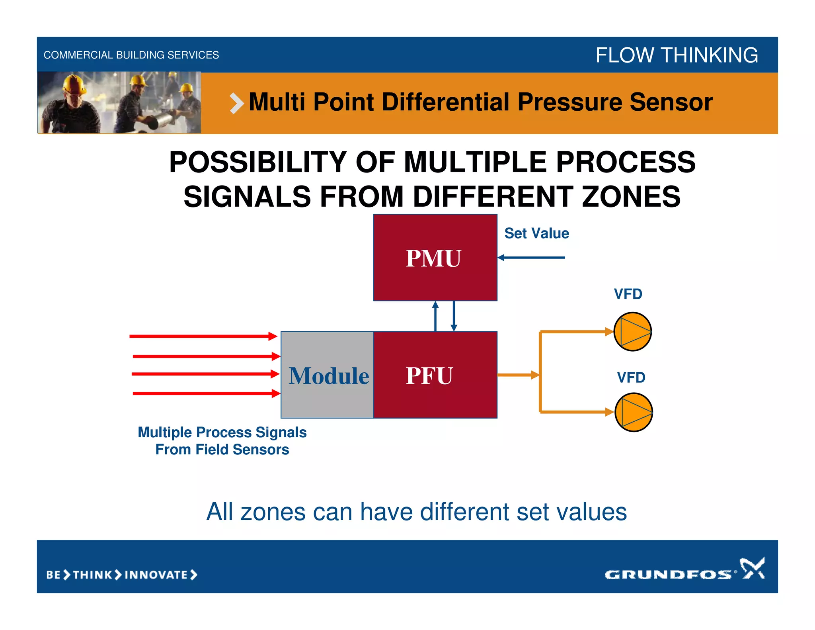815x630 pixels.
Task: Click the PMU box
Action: point(435,258)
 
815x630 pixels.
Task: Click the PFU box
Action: point(435,375)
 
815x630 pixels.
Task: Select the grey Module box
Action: point(327,375)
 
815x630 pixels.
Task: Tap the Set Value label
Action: point(536,233)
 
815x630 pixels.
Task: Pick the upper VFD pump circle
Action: point(632,331)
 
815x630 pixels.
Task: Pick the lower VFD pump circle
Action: point(633,412)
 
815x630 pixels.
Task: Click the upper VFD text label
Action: point(628,294)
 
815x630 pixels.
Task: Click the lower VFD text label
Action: point(631,378)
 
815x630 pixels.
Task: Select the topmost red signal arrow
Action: point(203,337)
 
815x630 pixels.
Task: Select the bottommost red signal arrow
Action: point(206,393)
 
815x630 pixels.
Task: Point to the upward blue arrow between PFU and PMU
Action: point(435,316)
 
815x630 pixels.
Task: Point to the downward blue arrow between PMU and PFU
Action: point(454,316)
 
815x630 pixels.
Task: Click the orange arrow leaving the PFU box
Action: point(518,375)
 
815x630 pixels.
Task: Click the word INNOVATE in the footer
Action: point(156,575)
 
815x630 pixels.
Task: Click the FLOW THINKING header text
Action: point(676,55)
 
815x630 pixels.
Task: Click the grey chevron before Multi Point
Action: point(236,103)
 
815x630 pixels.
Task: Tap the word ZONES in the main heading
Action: point(631,197)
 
